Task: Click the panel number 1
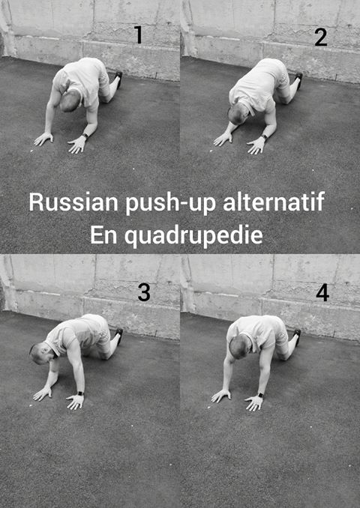click(139, 35)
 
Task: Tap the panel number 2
click(321, 37)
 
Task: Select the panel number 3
click(144, 292)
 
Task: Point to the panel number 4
click(322, 293)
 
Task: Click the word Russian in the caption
click(73, 202)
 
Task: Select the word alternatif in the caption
click(274, 202)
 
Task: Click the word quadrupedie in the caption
click(193, 236)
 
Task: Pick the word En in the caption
click(103, 235)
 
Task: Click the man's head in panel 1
click(70, 100)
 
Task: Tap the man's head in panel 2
click(238, 114)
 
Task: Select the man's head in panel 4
click(240, 347)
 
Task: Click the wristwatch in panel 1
click(85, 136)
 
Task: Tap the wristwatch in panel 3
click(80, 393)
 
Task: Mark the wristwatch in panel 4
click(259, 395)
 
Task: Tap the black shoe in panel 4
click(297, 336)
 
